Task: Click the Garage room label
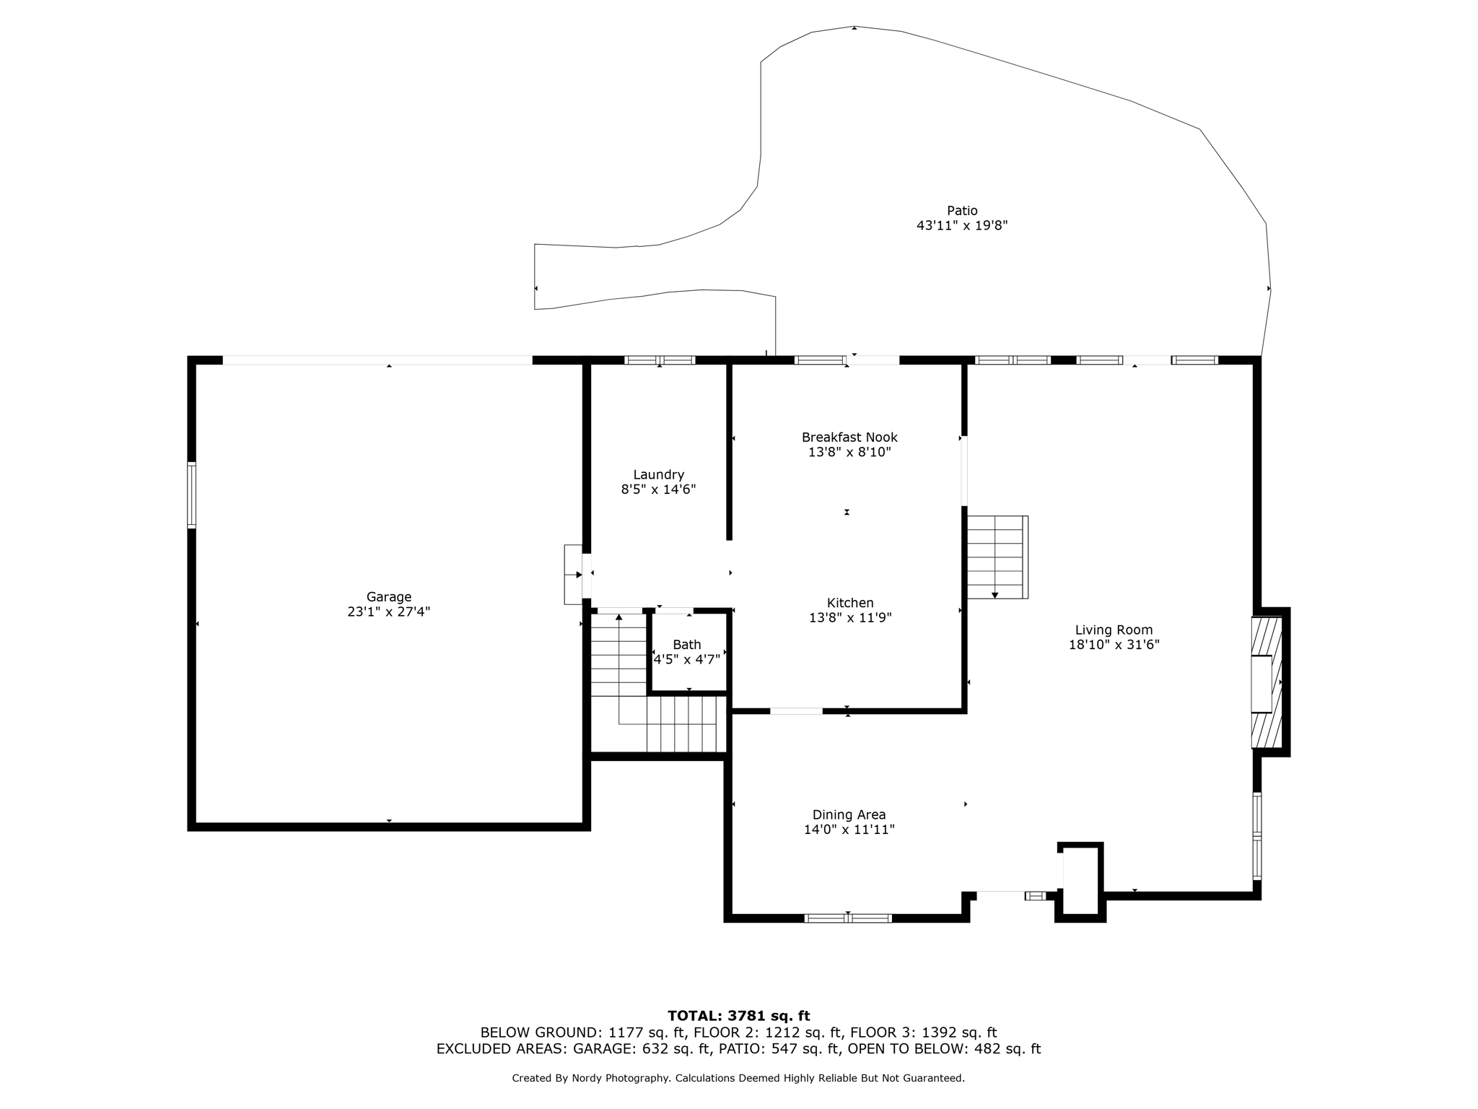[x=389, y=597]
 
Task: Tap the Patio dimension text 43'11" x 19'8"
[x=962, y=225]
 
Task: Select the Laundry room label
[x=658, y=474]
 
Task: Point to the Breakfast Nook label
[x=849, y=437]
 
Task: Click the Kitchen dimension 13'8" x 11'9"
[x=850, y=618]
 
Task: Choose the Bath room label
[x=687, y=645]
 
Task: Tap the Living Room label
[x=1114, y=630]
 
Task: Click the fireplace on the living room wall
[x=1267, y=682]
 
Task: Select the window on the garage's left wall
[x=191, y=495]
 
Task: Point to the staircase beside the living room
[x=997, y=557]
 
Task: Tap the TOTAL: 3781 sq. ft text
[x=739, y=1016]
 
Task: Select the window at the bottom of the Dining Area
[x=848, y=918]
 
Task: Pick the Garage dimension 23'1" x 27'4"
[x=389, y=612]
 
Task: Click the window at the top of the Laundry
[x=660, y=360]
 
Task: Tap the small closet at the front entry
[x=1080, y=882]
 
